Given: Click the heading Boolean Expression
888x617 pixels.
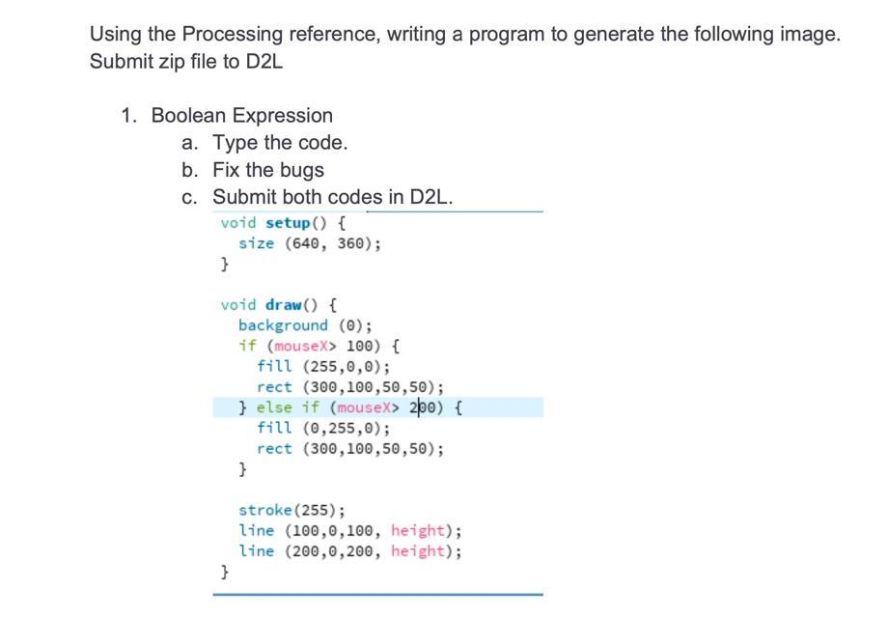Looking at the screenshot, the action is [x=241, y=116].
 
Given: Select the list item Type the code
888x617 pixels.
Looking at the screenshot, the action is [x=280, y=143].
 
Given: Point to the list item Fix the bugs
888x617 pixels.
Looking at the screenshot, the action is [x=268, y=170].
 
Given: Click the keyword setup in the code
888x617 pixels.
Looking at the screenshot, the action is [x=287, y=223].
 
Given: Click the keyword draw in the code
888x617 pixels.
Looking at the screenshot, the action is [x=283, y=305].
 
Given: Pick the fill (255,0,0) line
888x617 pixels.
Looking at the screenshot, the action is [x=323, y=366].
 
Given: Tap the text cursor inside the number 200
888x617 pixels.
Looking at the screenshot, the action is [x=418, y=407].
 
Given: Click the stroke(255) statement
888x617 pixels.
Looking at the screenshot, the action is [x=295, y=510].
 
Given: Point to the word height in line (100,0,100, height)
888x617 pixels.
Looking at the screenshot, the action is [x=422, y=530].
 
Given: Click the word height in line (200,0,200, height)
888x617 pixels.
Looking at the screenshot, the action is [x=422, y=551].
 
